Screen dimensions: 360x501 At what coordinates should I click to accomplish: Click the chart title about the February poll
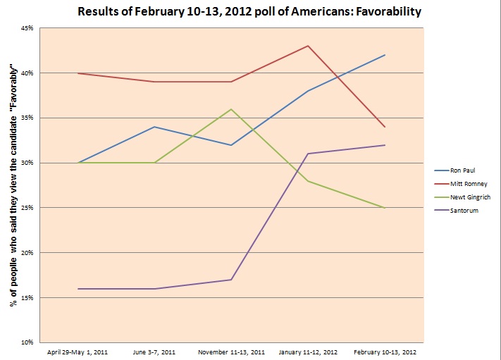coord(250,12)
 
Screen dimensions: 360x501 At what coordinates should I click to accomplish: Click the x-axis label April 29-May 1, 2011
coord(78,350)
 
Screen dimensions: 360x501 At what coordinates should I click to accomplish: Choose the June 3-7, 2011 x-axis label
coord(154,350)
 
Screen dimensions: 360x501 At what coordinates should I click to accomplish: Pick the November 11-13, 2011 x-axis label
coord(231,350)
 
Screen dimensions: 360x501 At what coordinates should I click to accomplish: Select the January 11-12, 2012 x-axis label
coord(308,350)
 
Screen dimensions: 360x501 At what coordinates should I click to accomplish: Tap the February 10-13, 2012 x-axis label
coord(385,350)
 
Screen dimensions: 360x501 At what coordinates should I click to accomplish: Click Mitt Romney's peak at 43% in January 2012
coord(308,46)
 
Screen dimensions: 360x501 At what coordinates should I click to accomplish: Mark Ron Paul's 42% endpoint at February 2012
coord(385,55)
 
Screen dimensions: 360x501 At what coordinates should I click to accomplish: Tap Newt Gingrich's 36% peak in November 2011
coord(231,109)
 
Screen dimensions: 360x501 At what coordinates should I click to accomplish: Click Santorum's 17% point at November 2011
coord(231,280)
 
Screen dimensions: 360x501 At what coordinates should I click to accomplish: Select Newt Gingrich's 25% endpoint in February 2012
coord(385,208)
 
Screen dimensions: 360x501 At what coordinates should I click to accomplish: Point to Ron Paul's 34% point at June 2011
coord(154,127)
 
